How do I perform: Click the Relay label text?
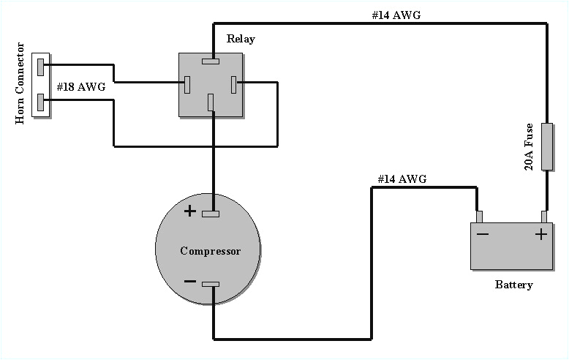[x=241, y=39]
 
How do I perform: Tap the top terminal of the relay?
[x=212, y=61]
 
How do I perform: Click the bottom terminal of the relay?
[x=211, y=103]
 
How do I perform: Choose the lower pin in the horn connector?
[x=41, y=102]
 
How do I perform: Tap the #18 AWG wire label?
[x=81, y=86]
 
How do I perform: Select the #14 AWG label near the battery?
[x=402, y=179]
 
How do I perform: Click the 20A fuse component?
[x=546, y=146]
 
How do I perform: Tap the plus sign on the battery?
[x=540, y=234]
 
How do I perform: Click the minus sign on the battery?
[x=483, y=234]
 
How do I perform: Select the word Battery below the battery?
[x=513, y=285]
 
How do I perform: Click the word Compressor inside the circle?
[x=210, y=251]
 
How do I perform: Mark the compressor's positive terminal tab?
[x=211, y=214]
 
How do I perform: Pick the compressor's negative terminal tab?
[x=211, y=284]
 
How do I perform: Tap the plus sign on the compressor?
[x=189, y=211]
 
